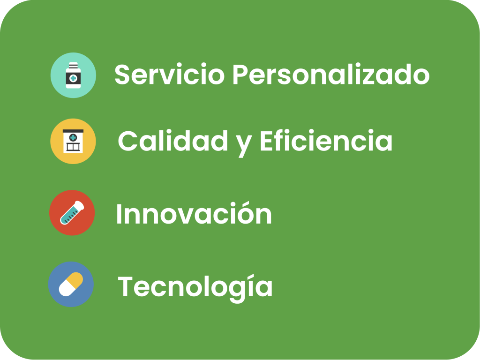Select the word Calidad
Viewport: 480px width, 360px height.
[x=173, y=141]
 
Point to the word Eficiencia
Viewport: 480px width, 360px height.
[x=326, y=141]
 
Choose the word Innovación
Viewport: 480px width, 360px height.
[x=194, y=213]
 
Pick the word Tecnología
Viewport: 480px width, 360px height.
[x=195, y=287]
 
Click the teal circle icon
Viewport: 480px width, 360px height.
[x=73, y=75]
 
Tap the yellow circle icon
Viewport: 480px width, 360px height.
[x=73, y=141]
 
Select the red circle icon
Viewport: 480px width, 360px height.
[x=72, y=213]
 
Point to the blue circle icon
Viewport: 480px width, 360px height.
[x=71, y=284]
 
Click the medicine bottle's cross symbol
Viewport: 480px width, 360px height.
[x=73, y=79]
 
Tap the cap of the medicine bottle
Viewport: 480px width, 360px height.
[x=73, y=65]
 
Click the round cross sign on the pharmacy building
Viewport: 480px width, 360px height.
[x=73, y=137]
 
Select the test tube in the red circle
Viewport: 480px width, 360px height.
[x=72, y=213]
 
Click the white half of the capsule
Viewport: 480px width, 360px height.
[x=66, y=289]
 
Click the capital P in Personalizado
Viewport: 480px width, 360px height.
[x=240, y=74]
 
